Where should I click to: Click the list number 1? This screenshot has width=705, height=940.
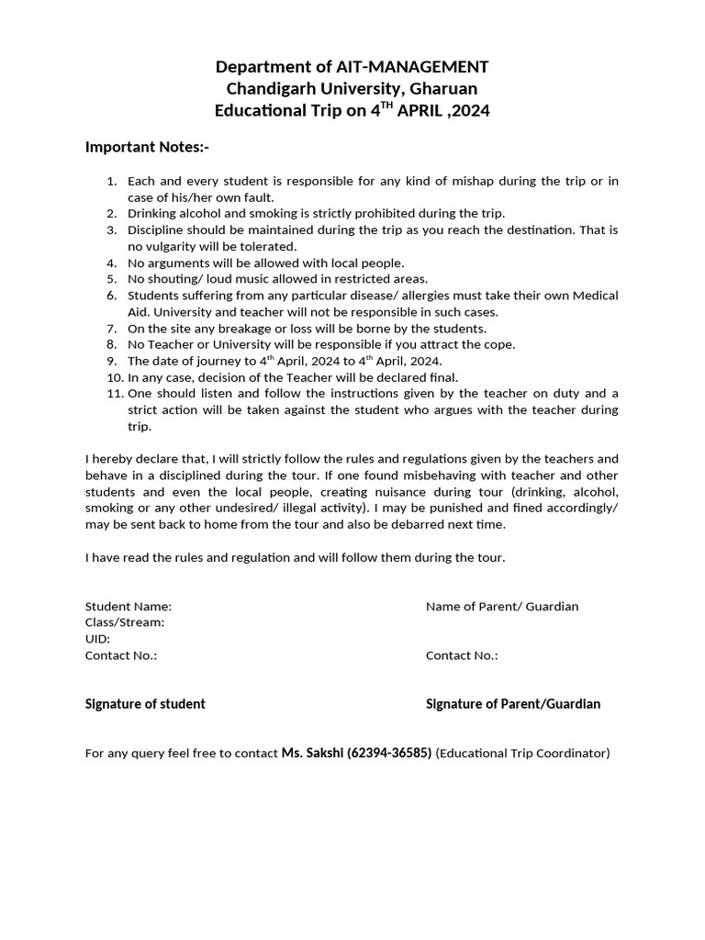112,181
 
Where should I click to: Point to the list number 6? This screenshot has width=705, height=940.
112,296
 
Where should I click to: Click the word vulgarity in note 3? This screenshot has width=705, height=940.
173,246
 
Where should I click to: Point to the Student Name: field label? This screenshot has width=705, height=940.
129,606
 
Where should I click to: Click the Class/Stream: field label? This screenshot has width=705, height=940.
125,622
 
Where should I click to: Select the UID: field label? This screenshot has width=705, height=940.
98,639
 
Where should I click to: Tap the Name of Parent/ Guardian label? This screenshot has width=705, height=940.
502,606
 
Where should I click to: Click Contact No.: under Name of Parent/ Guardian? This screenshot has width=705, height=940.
462,655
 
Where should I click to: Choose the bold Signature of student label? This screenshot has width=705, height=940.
145,704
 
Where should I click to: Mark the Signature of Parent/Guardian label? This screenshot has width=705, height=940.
513,704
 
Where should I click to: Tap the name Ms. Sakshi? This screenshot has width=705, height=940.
313,753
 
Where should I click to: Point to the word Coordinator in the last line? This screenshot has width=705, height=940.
573,753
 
